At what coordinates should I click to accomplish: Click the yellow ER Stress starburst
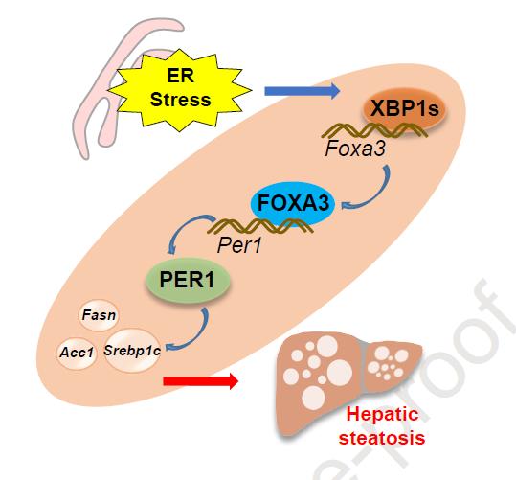tap(180, 90)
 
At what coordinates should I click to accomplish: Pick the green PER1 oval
tap(188, 281)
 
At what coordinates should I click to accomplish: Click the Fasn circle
tap(99, 315)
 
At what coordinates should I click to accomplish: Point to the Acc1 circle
tap(77, 354)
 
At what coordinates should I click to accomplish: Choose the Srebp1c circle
tap(132, 351)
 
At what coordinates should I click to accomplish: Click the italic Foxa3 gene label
tap(355, 149)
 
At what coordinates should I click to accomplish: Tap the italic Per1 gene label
tap(239, 245)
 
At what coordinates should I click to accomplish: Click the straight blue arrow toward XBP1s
tap(303, 91)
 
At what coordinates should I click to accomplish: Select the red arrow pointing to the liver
tap(201, 381)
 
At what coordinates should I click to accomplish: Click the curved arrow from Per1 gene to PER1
tap(184, 227)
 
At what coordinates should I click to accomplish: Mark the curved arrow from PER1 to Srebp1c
tap(197, 337)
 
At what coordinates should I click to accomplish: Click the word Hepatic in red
tap(382, 415)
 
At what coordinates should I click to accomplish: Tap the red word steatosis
tap(382, 438)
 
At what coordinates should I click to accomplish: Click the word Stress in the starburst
tap(180, 100)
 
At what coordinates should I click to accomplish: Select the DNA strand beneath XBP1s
tap(374, 130)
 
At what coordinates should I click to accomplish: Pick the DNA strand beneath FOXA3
tap(260, 226)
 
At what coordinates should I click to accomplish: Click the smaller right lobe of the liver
tap(393, 364)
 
